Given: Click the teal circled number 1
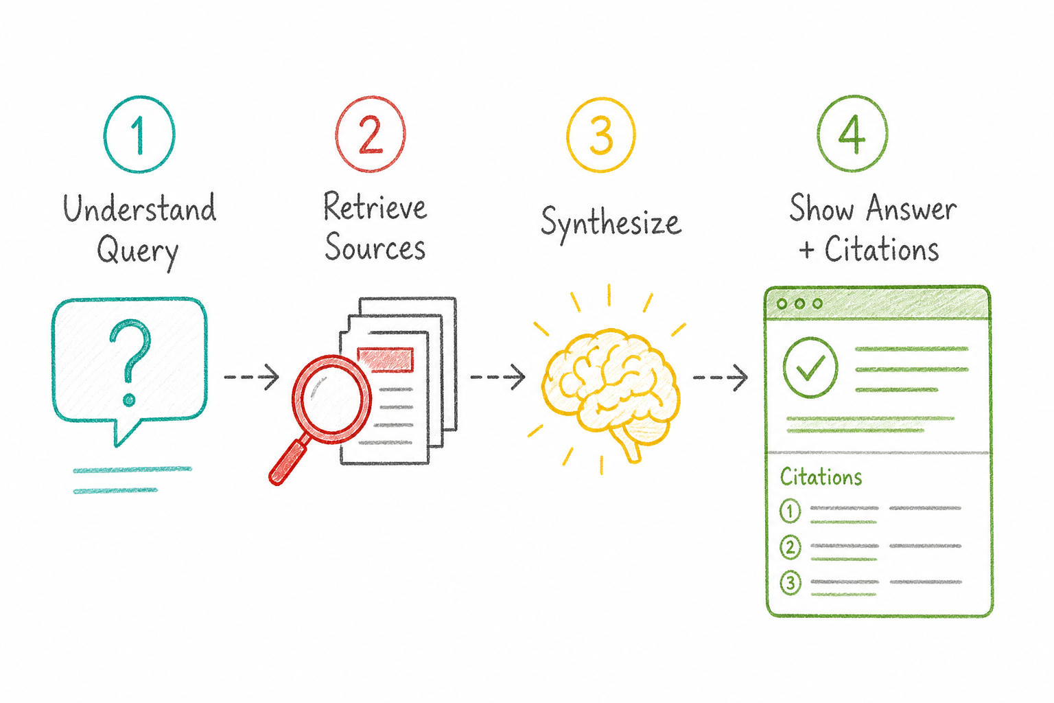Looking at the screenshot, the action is pyautogui.click(x=139, y=135).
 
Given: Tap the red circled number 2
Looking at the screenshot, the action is pyautogui.click(x=371, y=134).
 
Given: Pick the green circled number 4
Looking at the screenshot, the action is pyautogui.click(x=852, y=134).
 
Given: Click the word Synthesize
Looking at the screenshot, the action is pyautogui.click(x=611, y=224).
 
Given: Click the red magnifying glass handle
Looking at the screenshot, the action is pyautogui.click(x=288, y=461).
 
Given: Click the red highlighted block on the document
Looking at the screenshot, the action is pyautogui.click(x=386, y=360).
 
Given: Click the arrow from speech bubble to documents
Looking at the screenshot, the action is pyautogui.click(x=252, y=377).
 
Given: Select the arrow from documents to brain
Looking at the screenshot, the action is pyautogui.click(x=497, y=377).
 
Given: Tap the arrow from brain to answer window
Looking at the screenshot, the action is pyautogui.click(x=721, y=377).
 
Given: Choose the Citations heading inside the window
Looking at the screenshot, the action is pyautogui.click(x=821, y=477).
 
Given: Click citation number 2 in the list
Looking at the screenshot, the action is pyautogui.click(x=790, y=547).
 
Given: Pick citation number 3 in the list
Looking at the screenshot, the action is pyautogui.click(x=790, y=584).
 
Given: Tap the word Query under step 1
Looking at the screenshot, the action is pyautogui.click(x=138, y=252).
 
